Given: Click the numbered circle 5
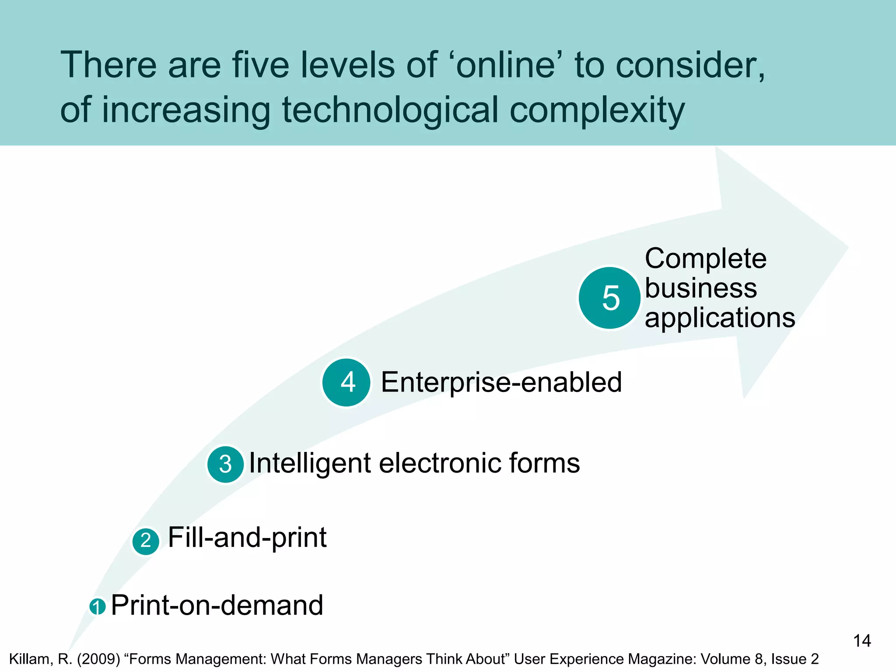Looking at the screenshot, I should coord(609,298).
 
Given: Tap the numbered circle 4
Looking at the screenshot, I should coord(346,382).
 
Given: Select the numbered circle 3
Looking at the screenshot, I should coord(225,464).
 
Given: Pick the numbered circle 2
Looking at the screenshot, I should coord(146,541).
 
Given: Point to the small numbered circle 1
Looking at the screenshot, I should coord(98,607).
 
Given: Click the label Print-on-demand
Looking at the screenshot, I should coord(217,605).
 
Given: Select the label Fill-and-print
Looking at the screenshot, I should coord(247,537).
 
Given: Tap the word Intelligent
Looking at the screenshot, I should coord(310,463).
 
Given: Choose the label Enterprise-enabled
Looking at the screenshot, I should coord(501,382).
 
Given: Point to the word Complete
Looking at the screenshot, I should coord(706,259).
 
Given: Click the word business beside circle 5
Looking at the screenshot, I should coord(701,288).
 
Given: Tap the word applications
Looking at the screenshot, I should coord(720,318).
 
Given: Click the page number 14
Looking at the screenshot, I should coord(862,641).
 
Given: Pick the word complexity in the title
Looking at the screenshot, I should coord(597,111).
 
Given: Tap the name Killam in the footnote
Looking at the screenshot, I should coord(31,659).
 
